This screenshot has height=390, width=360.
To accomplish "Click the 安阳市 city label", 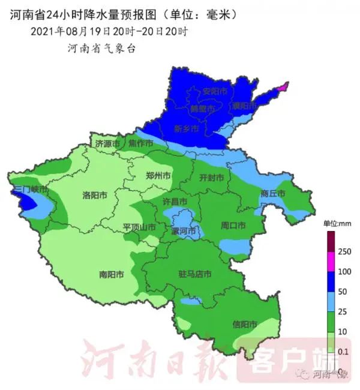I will pyautogui.click(x=215, y=92).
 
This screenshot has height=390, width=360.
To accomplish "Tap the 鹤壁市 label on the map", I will pyautogui.click(x=202, y=109).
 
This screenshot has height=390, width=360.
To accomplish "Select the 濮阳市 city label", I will pyautogui.click(x=244, y=106).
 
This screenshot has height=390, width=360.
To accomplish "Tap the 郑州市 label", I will pyautogui.click(x=158, y=176).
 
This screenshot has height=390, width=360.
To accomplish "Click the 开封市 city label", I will pyautogui.click(x=211, y=178).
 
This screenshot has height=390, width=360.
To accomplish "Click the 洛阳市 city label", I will pyautogui.click(x=95, y=196).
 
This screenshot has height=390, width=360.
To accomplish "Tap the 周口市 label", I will pyautogui.click(x=233, y=226).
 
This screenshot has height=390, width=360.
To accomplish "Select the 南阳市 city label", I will pyautogui.click(x=112, y=274).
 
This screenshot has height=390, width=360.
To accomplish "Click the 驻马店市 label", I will pyautogui.click(x=195, y=274).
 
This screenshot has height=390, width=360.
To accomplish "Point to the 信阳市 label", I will pyautogui.click(x=245, y=324).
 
